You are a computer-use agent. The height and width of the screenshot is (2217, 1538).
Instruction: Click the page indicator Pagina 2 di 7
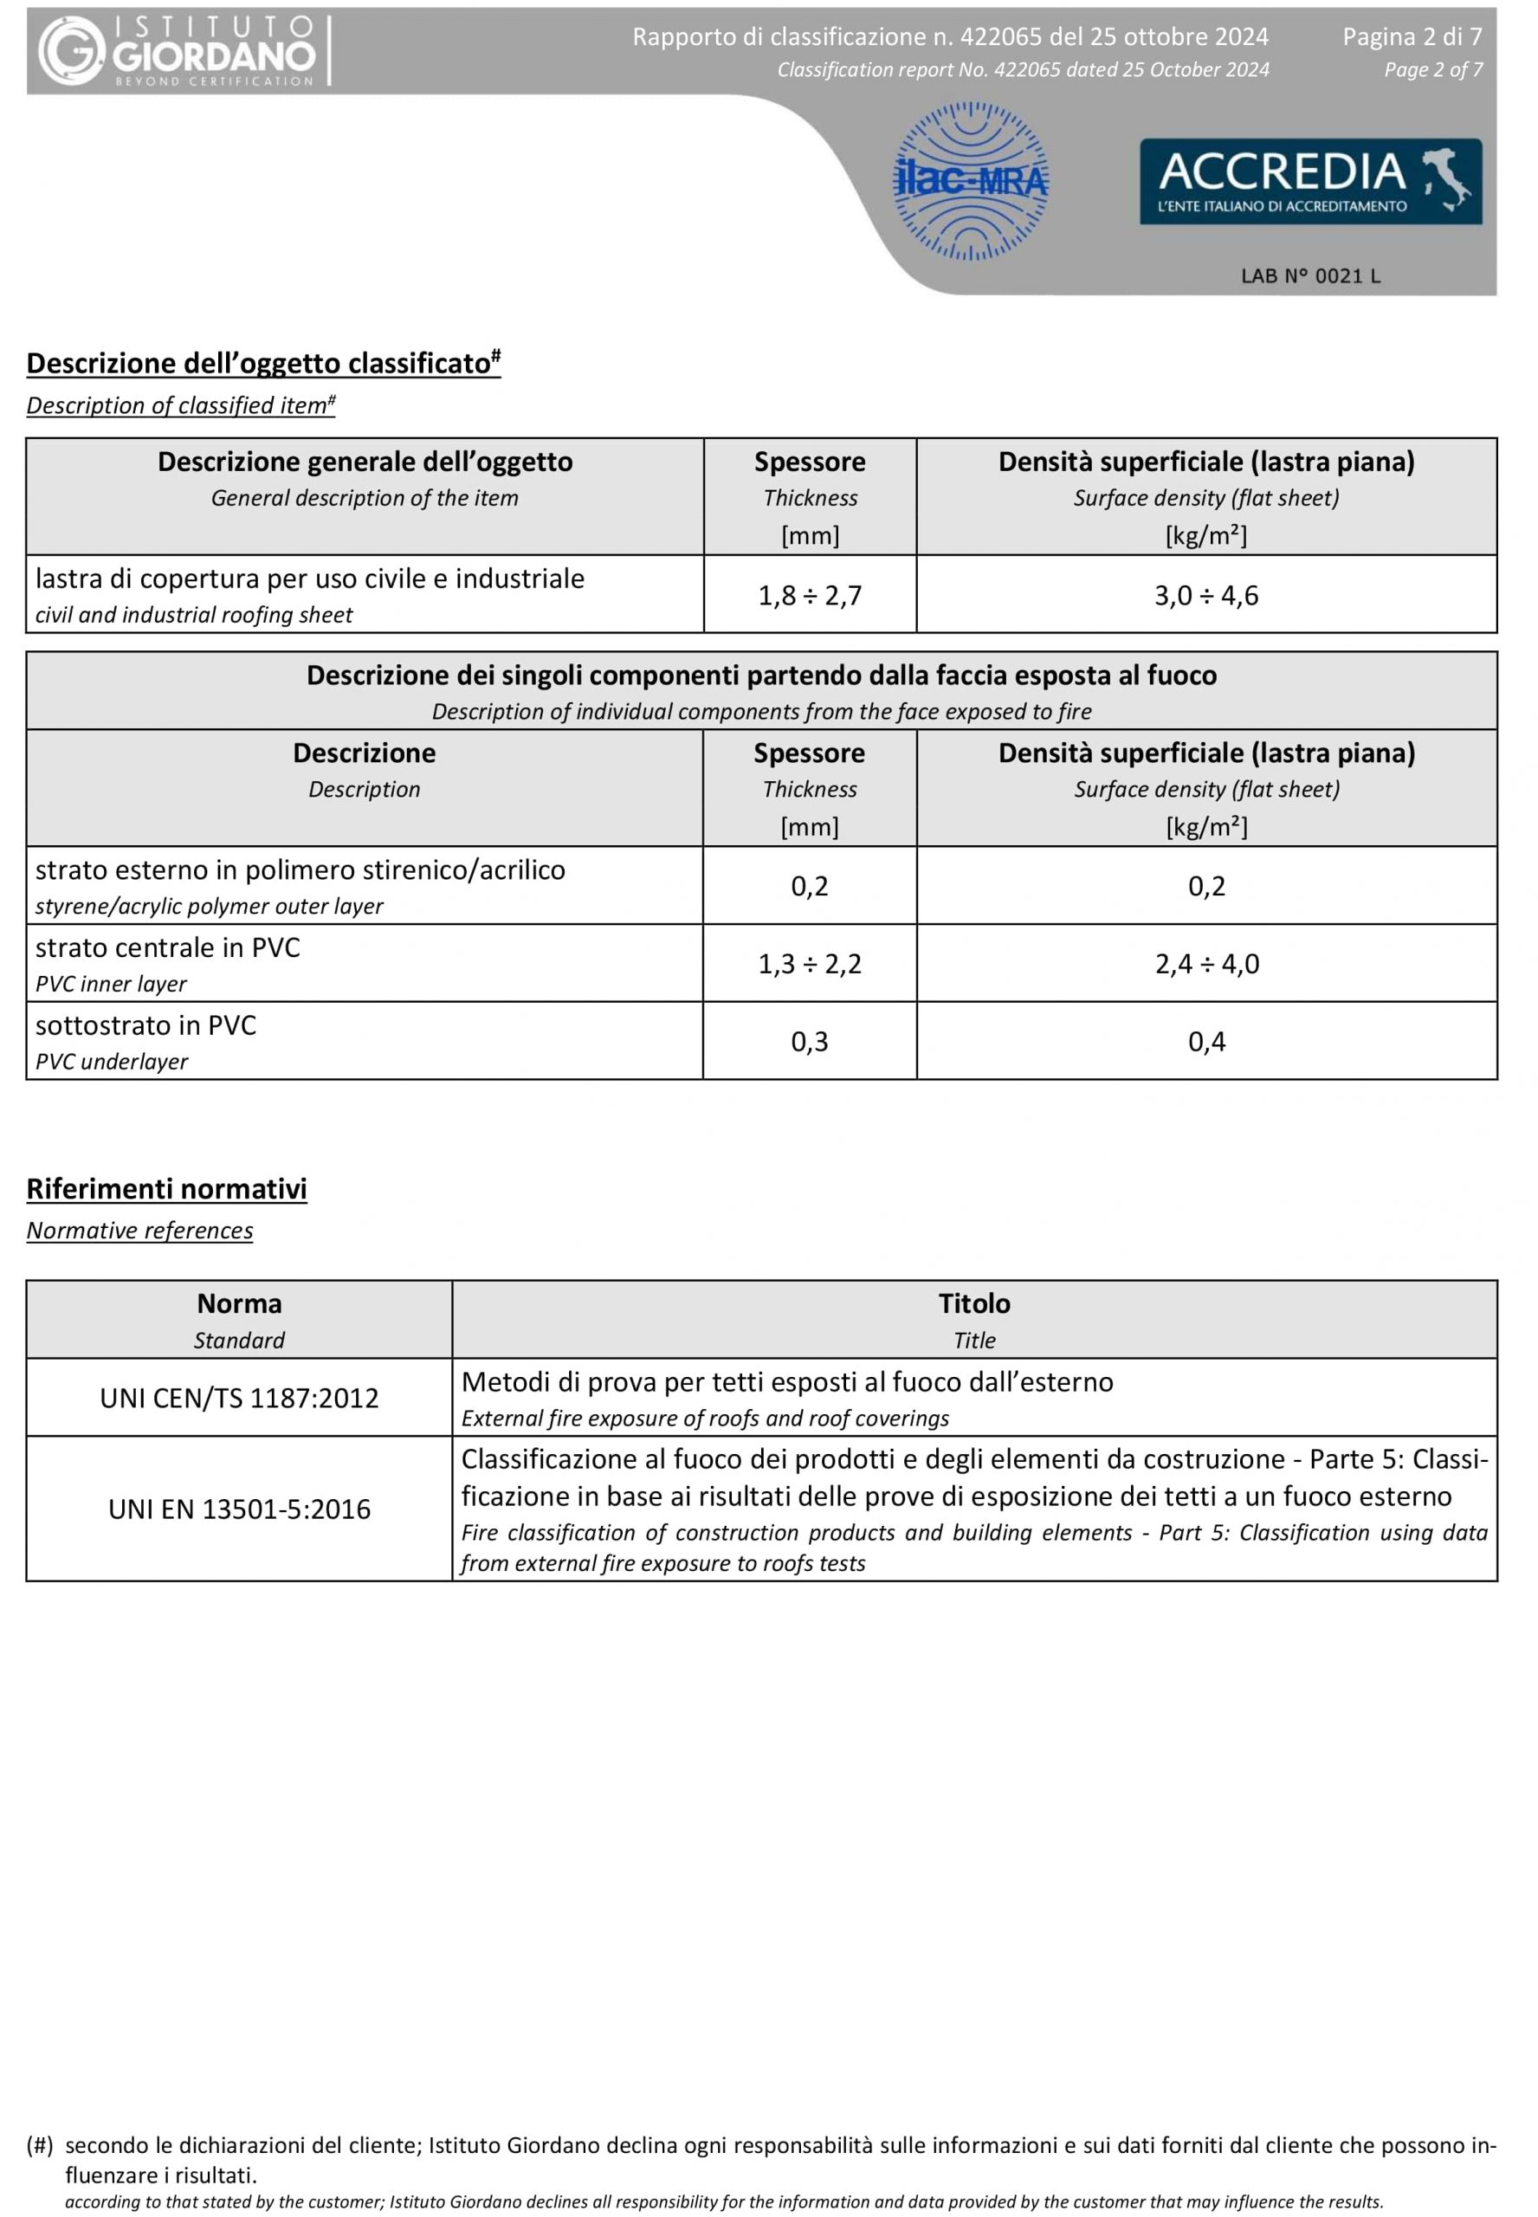pyautogui.click(x=1412, y=36)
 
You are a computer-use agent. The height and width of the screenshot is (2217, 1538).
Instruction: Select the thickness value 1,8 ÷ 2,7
pyautogui.click(x=810, y=596)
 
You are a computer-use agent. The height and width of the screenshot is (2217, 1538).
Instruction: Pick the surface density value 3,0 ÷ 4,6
pyautogui.click(x=1206, y=596)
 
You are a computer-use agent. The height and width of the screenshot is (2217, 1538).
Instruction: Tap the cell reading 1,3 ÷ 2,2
pyautogui.click(x=810, y=964)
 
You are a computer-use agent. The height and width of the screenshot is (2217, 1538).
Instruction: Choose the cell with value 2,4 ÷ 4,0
pyautogui.click(x=1206, y=964)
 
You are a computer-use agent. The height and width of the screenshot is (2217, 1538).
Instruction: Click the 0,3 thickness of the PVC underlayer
pyautogui.click(x=810, y=1042)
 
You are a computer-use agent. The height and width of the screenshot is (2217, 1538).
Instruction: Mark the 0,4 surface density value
pyautogui.click(x=1206, y=1042)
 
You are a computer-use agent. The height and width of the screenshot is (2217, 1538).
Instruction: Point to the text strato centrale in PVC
pyautogui.click(x=168, y=948)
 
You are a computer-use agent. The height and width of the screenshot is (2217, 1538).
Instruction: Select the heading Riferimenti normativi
pyautogui.click(x=167, y=1189)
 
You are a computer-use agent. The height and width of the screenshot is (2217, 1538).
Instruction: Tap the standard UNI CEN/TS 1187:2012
pyautogui.click(x=239, y=1398)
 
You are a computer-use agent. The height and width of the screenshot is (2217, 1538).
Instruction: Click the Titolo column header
pyautogui.click(x=974, y=1303)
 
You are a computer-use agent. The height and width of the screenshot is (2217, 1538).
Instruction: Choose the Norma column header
pyautogui.click(x=239, y=1303)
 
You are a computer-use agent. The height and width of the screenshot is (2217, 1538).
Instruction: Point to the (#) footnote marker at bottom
pyautogui.click(x=40, y=2145)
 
